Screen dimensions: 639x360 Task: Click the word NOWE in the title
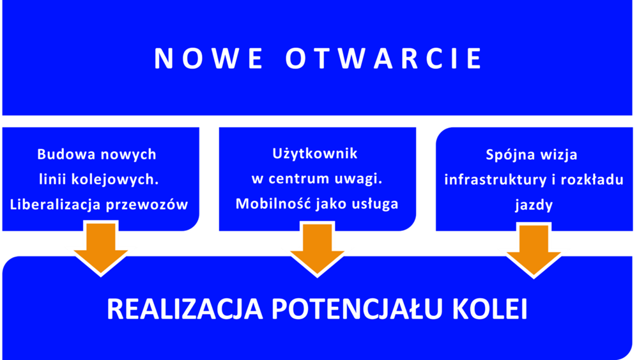[x=208, y=58]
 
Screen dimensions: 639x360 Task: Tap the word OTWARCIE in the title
[x=383, y=58]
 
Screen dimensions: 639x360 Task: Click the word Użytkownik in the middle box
[x=314, y=154]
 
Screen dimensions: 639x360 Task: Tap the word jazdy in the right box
[x=534, y=205]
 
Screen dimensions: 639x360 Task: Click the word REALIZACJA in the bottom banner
[x=185, y=309]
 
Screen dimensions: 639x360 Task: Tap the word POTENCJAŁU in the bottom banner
[x=357, y=309]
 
